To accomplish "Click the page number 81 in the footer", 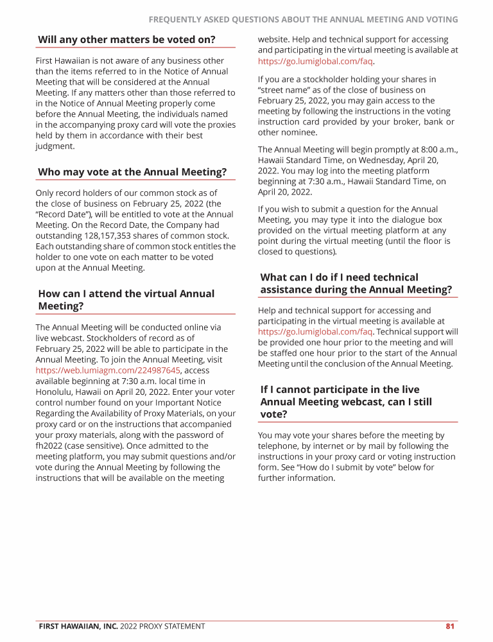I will (449, 626).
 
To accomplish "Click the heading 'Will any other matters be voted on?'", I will (126, 40).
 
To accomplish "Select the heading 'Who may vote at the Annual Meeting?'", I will (132, 172).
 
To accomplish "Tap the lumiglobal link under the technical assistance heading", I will (315, 332).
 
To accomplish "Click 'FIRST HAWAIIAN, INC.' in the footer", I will (78, 626).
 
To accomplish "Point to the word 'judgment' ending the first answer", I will (55, 146).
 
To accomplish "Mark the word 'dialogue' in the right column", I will (401, 220).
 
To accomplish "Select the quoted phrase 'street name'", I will (286, 91).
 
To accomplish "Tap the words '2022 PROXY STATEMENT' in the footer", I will (162, 626).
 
